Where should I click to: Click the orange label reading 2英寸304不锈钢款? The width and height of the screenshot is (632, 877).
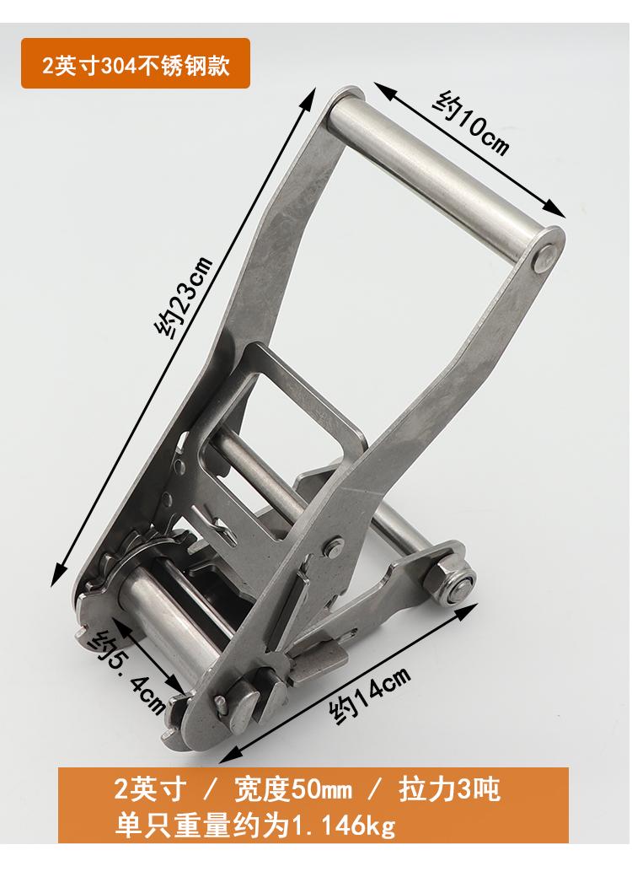coord(135,63)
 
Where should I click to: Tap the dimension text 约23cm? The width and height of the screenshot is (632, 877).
coord(184,298)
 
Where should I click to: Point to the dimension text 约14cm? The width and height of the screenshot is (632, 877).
coord(369,695)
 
